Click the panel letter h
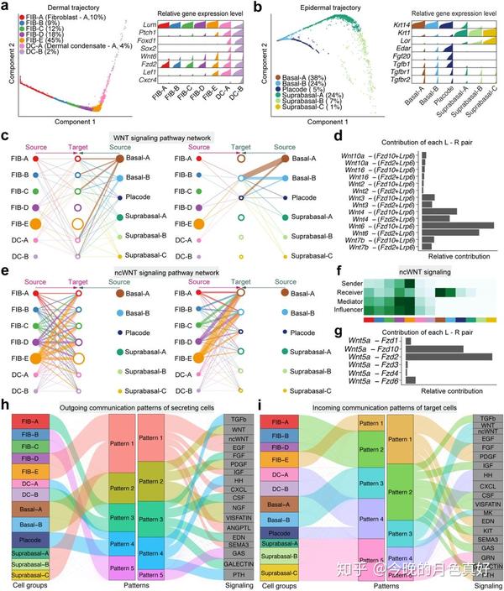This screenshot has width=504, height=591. (6, 405)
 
